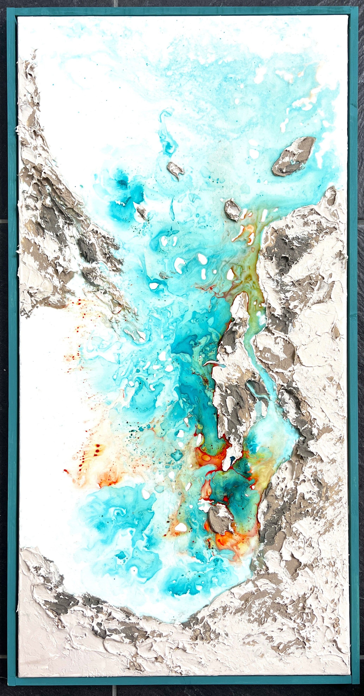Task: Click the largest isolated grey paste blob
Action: [x=293, y=156]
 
